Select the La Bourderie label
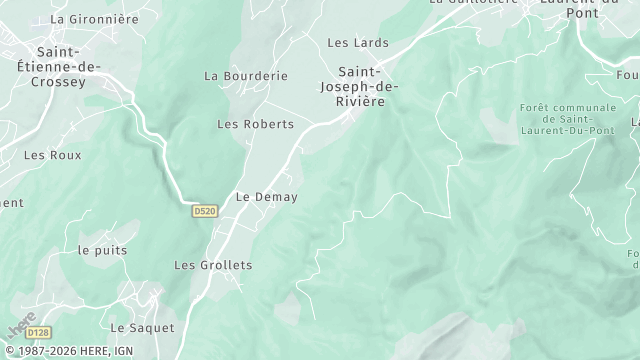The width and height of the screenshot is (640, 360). click(x=245, y=76)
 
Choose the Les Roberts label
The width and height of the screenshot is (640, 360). click(x=256, y=124)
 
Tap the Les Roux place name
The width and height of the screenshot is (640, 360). click(x=53, y=155)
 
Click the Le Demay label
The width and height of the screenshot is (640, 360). click(x=266, y=197)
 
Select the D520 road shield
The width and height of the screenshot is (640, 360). click(x=204, y=211)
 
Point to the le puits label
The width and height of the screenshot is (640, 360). click(x=101, y=249)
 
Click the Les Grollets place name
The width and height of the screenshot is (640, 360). click(x=213, y=265)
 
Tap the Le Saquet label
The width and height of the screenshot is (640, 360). click(x=141, y=328)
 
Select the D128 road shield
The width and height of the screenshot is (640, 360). click(x=38, y=332)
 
